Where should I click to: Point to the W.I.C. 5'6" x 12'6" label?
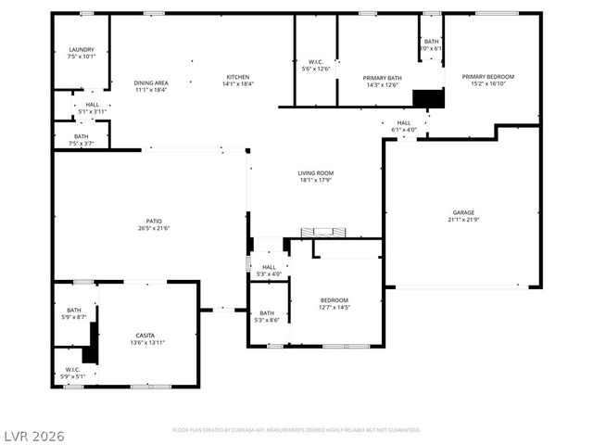coord(316,65)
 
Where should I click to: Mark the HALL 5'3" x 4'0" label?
coord(269,270)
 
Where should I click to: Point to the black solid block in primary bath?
coord(428,98)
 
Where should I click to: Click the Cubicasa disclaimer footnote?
coord(296,430)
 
